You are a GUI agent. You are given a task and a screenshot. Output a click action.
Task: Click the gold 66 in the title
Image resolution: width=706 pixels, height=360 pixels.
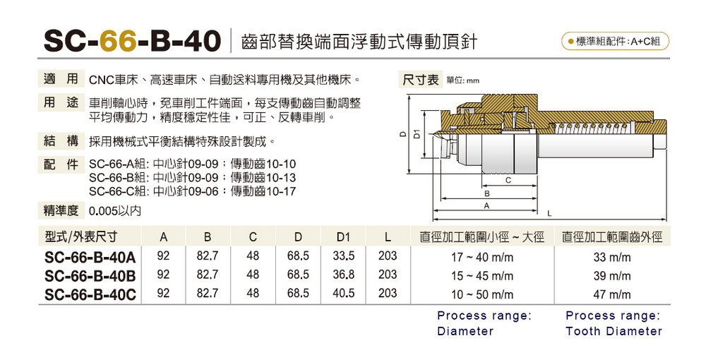click(x=118, y=41)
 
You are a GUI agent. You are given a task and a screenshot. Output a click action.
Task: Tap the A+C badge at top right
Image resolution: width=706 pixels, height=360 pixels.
click(x=615, y=42)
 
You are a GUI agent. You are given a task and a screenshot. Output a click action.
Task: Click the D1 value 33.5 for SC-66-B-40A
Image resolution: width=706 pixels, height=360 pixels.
click(x=344, y=256)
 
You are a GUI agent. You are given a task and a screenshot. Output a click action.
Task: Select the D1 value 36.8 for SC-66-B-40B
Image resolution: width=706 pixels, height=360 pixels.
click(x=344, y=275)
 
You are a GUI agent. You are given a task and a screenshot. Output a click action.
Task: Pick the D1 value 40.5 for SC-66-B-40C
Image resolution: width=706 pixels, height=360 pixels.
click(x=344, y=294)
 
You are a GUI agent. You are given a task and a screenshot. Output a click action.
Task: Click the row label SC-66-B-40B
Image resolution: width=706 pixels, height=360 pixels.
click(x=90, y=275)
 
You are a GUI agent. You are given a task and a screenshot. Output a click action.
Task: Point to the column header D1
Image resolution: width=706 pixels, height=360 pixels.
click(x=343, y=236)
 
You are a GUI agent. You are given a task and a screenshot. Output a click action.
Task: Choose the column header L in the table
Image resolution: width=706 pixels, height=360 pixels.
click(x=388, y=236)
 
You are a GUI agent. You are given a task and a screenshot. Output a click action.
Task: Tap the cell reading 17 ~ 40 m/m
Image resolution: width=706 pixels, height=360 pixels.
click(x=482, y=258)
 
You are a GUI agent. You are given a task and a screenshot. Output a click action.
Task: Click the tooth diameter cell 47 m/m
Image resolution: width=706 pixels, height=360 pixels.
click(x=612, y=295)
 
